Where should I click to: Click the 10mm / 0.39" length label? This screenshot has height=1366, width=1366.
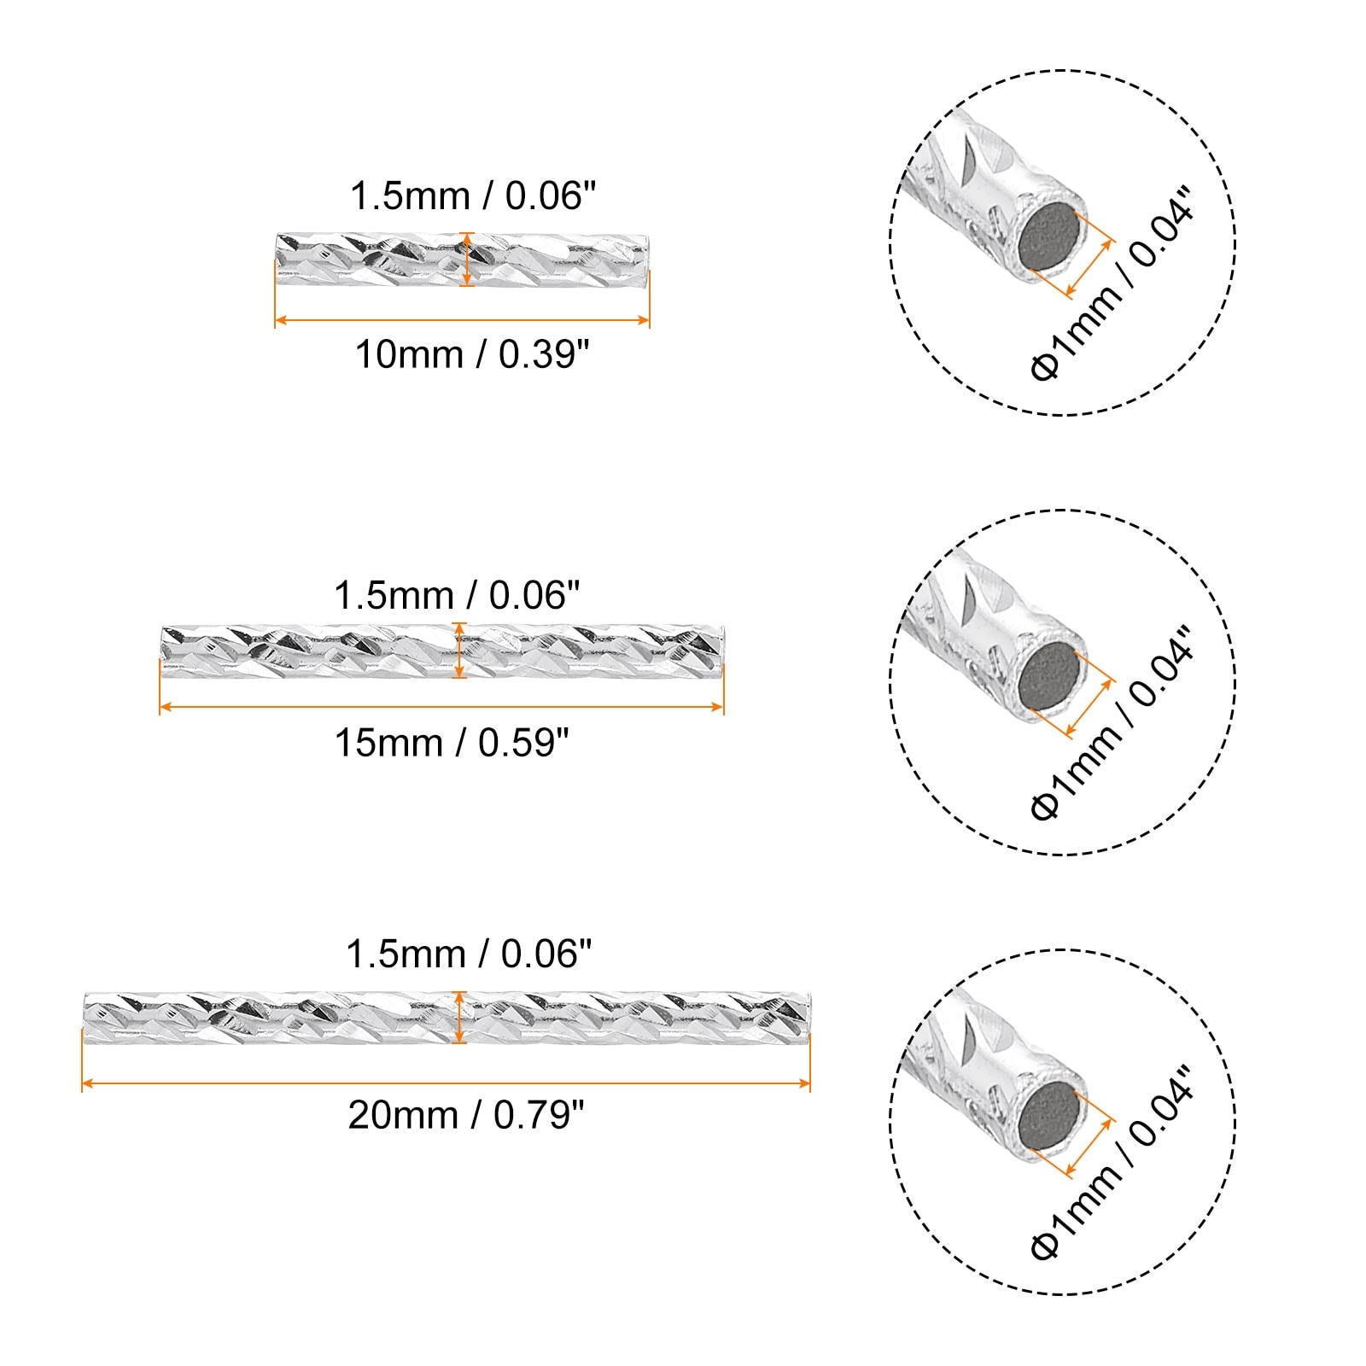[x=472, y=354]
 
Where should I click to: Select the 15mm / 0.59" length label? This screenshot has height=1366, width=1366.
[x=452, y=743]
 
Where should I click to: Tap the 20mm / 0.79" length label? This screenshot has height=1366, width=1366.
[x=466, y=1115]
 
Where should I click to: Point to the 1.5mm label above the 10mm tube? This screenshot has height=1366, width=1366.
[x=472, y=196]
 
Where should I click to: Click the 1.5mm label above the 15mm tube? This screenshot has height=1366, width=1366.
[x=457, y=595]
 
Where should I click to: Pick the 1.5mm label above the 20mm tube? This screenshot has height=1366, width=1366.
[x=469, y=954]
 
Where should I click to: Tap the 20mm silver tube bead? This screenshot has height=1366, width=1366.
[x=447, y=1018]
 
